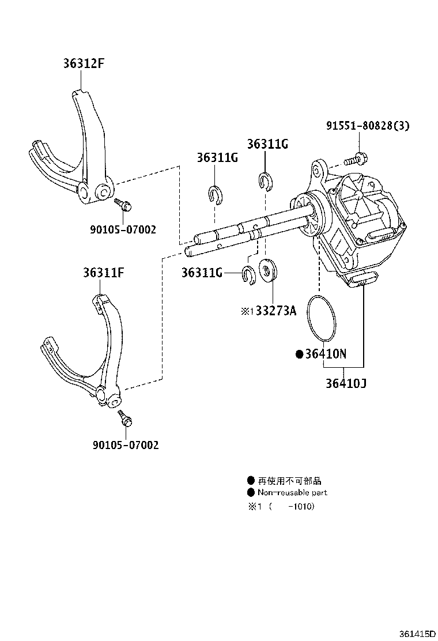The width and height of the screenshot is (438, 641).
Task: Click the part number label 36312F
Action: tap(84, 63)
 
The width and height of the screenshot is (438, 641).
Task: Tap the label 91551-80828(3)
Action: tap(367, 125)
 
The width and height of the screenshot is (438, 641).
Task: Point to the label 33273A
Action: tap(275, 311)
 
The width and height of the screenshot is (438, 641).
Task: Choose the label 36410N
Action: tap(326, 354)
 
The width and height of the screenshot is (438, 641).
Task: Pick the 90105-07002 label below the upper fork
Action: tap(123, 229)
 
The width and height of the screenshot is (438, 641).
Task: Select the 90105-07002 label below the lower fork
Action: tap(125, 444)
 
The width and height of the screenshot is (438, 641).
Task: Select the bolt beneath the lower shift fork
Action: tap(124, 419)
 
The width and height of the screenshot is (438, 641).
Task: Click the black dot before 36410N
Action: tap(299, 355)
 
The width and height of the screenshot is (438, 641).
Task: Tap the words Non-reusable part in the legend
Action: tap(292, 492)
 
